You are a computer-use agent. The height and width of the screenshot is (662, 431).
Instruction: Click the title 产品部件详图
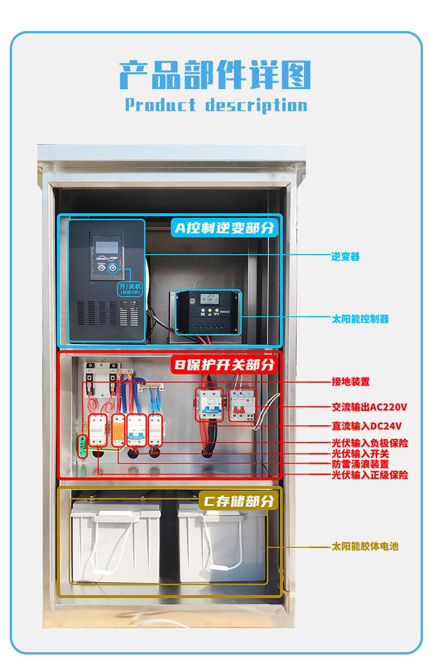[x=215, y=75]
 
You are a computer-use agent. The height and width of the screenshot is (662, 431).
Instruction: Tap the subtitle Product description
[x=215, y=105]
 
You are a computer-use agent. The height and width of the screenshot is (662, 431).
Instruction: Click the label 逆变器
[x=345, y=256]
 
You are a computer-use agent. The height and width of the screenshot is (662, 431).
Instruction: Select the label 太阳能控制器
[x=360, y=318]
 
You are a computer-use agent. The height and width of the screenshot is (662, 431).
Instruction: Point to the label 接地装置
[x=350, y=382]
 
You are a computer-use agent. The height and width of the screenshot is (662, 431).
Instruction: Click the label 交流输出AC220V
[x=369, y=407]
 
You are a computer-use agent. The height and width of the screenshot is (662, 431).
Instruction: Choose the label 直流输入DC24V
[x=366, y=426]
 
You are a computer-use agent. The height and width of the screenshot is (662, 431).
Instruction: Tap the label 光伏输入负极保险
[x=370, y=443]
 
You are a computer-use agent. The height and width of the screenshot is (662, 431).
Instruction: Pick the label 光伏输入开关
[x=360, y=453]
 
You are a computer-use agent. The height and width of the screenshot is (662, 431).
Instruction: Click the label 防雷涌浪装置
[x=360, y=464]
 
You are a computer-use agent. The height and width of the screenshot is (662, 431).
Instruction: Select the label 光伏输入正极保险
[x=370, y=475]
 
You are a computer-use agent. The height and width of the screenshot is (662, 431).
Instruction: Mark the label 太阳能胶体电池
[x=364, y=546]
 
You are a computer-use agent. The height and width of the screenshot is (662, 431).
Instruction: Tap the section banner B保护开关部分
[x=224, y=364]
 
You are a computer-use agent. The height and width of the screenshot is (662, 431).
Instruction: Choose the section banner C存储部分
[x=237, y=501]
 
